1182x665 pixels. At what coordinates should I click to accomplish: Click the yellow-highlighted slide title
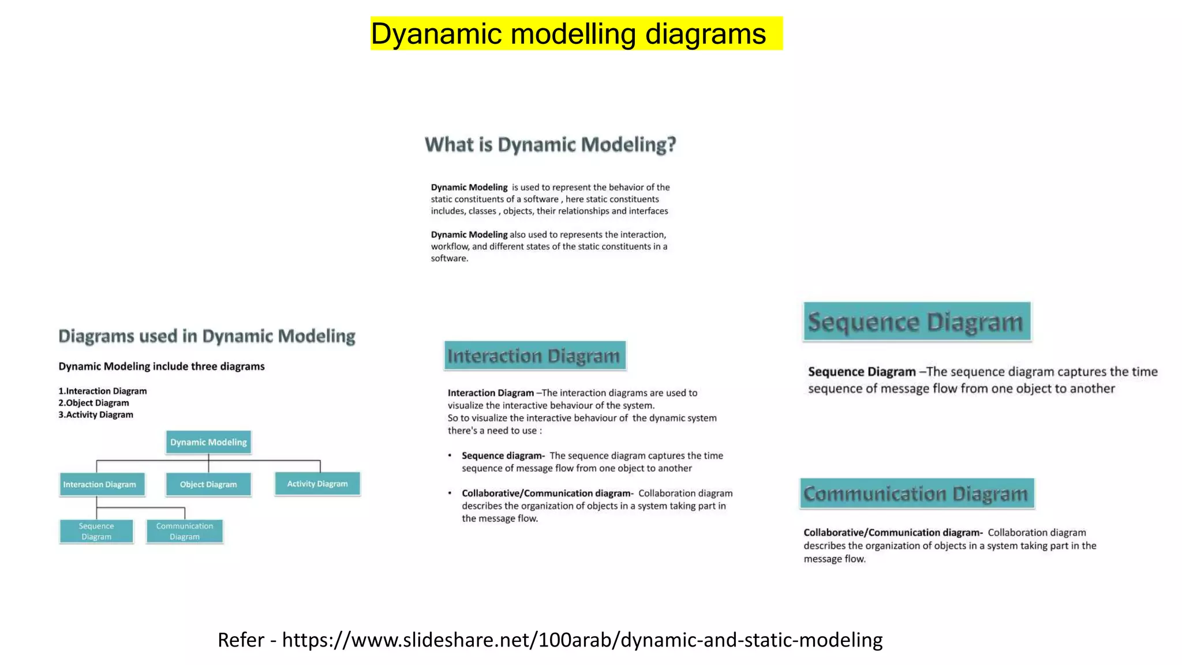tap(576, 33)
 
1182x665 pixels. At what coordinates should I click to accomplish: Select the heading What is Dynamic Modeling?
tap(550, 144)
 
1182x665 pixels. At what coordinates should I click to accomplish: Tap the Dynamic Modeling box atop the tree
tap(208, 442)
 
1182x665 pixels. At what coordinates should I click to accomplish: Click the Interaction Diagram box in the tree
tap(100, 484)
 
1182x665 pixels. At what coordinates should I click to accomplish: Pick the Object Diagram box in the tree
tap(208, 484)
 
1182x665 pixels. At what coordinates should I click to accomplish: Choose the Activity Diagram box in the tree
tap(317, 484)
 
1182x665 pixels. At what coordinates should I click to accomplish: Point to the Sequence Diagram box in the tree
tap(96, 531)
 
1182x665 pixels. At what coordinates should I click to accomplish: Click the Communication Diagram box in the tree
tap(185, 531)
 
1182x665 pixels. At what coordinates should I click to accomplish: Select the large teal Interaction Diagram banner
tap(534, 356)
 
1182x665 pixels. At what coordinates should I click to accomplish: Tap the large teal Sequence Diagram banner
tap(917, 322)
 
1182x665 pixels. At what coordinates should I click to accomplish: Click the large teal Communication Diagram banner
tap(917, 494)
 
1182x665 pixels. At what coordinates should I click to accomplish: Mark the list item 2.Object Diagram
tap(93, 403)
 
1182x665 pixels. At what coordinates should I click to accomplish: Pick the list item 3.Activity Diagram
tap(96, 414)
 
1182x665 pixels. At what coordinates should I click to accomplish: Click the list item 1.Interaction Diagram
tap(103, 391)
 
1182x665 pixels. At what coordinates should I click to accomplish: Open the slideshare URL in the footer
tap(582, 640)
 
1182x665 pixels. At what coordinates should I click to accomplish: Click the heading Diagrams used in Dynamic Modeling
tap(207, 336)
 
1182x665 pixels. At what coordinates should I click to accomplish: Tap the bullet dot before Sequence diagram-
tap(450, 455)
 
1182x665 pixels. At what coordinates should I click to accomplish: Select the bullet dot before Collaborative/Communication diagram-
tap(450, 493)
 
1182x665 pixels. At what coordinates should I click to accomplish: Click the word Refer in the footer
tap(241, 640)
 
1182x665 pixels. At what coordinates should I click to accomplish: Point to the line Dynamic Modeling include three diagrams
tap(162, 367)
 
